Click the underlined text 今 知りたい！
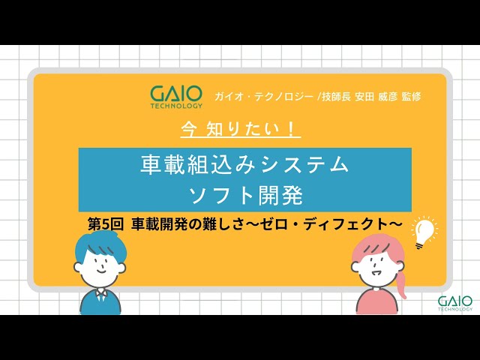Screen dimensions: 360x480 (x=241, y=129)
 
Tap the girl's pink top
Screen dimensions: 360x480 (x=376, y=300)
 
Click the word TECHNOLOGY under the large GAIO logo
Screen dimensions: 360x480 (x=175, y=106)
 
